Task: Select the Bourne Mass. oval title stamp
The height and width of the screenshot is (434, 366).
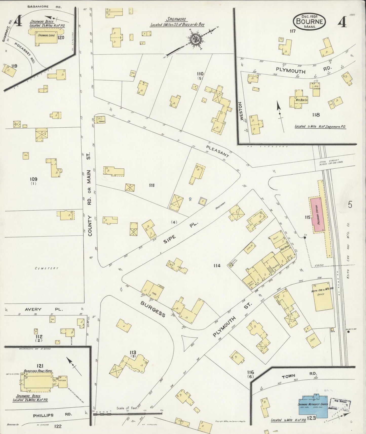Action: [310, 22]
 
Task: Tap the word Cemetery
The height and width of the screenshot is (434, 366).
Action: [47, 268]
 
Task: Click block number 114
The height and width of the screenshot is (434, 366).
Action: [217, 266]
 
